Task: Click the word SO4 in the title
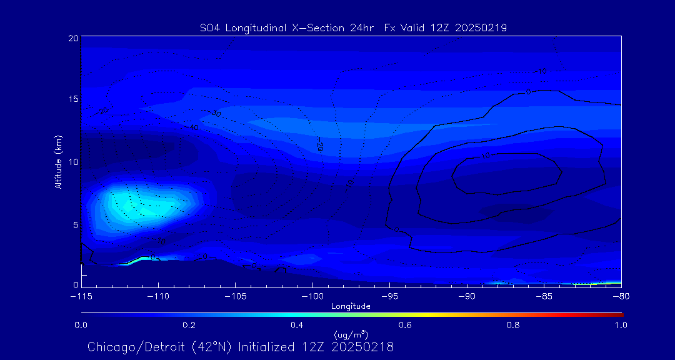[211, 27]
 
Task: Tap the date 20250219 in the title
[481, 27]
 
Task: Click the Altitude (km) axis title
[59, 161]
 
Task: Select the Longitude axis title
[351, 306]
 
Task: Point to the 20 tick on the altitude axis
[73, 38]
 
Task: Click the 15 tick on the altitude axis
[73, 99]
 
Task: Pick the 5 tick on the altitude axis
[75, 224]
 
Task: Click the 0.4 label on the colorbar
[297, 325]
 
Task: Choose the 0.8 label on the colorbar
[513, 325]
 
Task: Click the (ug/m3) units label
[351, 335]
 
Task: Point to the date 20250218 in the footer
[364, 347]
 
